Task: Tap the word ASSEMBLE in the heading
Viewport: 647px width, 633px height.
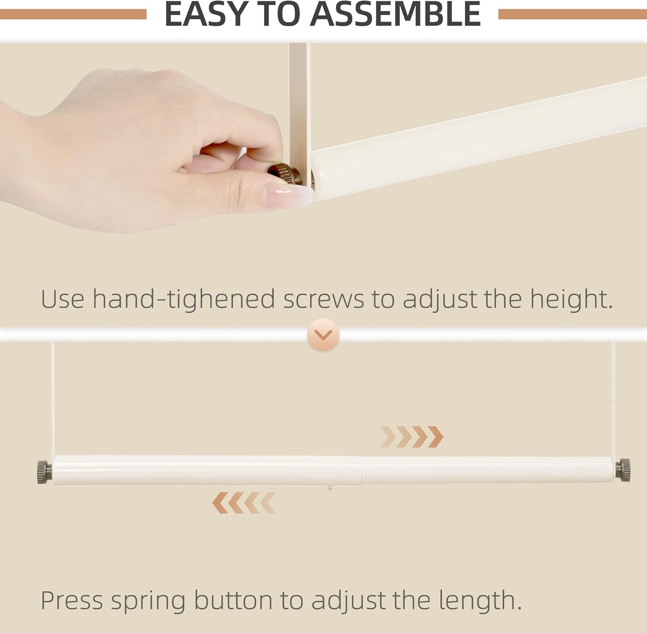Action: coord(396,14)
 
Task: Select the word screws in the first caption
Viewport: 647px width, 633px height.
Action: coord(323,299)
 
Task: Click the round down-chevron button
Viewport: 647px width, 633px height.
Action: coord(323,334)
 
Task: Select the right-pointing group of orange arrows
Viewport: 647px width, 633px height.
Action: coord(411,437)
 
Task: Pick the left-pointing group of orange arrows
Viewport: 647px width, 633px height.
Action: coord(244,502)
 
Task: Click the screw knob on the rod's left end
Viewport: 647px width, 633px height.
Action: coord(44,472)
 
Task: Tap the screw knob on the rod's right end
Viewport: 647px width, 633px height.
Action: coord(623,470)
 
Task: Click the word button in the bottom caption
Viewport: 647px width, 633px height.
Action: coord(233,600)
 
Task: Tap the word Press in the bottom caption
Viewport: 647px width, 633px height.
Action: coord(72,600)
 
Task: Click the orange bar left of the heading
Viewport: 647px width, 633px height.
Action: coord(73,14)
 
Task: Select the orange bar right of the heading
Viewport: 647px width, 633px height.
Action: coord(573,14)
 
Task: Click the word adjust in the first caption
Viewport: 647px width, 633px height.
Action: coord(439,299)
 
